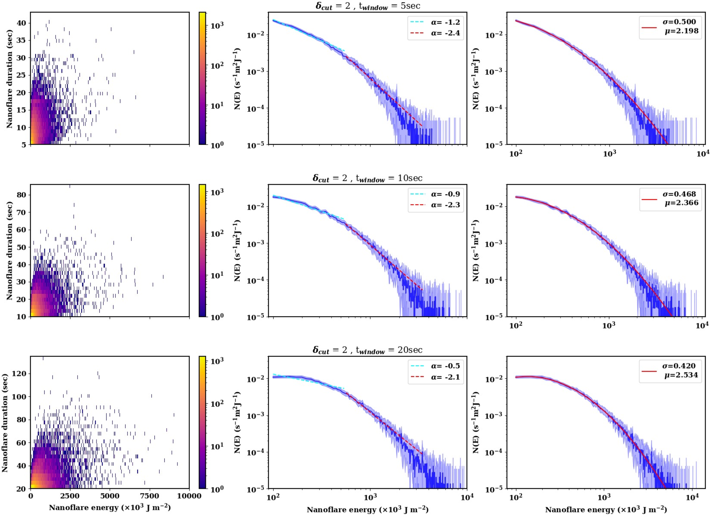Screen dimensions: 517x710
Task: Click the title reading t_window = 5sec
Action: (368, 6)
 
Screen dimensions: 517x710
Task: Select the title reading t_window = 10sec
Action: (368, 178)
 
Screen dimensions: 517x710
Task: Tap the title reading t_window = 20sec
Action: (368, 350)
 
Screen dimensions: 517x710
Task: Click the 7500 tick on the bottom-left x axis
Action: (150, 496)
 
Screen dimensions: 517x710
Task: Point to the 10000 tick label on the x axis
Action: (189, 496)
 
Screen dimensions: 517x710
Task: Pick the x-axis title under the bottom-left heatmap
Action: (110, 508)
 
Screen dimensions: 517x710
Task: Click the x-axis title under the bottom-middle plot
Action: (368, 510)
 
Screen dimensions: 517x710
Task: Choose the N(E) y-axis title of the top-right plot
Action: (475, 78)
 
